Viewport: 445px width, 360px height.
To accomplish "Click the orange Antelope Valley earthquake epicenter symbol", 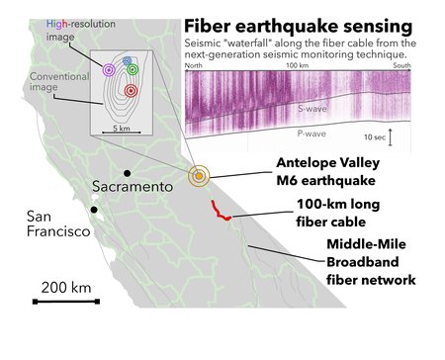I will (x=199, y=176).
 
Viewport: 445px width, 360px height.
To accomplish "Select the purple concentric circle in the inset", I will (x=109, y=70).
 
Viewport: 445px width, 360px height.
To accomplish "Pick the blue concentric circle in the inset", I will (x=127, y=61).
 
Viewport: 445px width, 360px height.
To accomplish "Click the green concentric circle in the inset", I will (x=133, y=71).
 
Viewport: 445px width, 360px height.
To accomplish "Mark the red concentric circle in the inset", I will (x=131, y=91).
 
